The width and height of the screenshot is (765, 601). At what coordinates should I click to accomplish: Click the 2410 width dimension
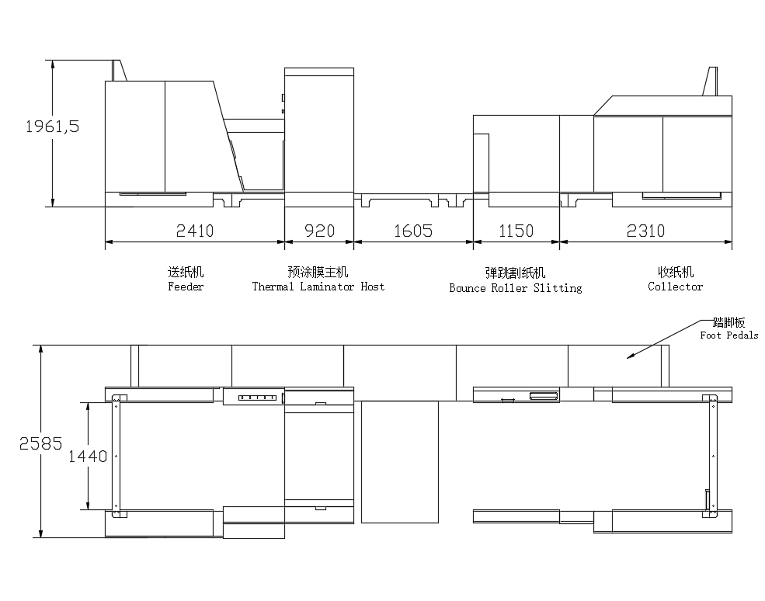coord(195,231)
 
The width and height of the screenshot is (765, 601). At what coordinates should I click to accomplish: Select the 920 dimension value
coord(319,231)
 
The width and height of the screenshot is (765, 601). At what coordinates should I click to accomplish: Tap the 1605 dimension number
coord(413,231)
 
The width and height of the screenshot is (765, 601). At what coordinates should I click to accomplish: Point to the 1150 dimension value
coord(516,231)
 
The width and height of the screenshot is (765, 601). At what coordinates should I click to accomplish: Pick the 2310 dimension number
coord(645,231)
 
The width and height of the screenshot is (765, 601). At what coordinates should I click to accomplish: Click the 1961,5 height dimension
coord(52,127)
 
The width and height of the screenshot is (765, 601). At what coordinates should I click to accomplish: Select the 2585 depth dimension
coord(41,443)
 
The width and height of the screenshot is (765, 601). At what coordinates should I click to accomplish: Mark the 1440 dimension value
coord(88,456)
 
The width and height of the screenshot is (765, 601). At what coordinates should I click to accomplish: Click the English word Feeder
coord(186,287)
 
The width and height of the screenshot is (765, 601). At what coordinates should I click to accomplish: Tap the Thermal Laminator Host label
coord(318,287)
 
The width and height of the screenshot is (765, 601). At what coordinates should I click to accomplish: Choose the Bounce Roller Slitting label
coord(516,288)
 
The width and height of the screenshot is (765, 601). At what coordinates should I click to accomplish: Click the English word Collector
coord(675,287)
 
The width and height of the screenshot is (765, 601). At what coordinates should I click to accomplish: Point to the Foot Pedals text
coord(729,335)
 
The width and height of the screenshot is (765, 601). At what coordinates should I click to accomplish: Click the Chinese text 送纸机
coord(186,272)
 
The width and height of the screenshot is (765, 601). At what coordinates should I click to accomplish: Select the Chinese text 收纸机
coord(676,272)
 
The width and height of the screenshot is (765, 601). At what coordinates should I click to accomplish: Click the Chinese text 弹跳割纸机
coord(515,273)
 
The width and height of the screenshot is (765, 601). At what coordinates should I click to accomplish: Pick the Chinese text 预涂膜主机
coord(318,272)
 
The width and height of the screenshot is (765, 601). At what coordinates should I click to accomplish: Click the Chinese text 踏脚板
coord(729,322)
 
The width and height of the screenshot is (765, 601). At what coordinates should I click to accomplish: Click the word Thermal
coord(273,287)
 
